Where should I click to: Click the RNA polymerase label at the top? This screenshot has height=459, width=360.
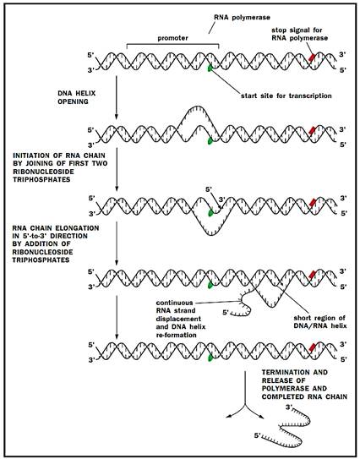click(242, 17)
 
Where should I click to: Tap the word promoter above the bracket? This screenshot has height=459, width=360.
click(172, 38)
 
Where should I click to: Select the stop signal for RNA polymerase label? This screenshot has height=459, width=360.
click(299, 34)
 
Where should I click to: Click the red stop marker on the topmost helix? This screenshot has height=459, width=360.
click(312, 57)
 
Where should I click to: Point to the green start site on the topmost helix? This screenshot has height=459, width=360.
click(210, 68)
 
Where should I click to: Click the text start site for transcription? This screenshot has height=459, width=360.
click(286, 96)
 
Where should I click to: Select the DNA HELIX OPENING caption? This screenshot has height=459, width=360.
click(77, 97)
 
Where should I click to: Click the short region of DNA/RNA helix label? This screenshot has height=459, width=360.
click(320, 322)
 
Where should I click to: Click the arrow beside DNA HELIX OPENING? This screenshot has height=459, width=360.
click(117, 97)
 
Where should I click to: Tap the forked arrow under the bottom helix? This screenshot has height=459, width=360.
click(244, 405)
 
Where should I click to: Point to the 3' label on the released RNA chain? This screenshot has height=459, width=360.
click(289, 407)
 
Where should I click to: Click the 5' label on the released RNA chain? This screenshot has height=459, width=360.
click(257, 436)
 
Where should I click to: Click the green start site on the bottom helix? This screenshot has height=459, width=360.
click(210, 358)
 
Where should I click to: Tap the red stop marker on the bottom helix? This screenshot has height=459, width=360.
click(313, 347)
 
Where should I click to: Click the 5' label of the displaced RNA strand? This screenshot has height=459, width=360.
click(226, 313)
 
